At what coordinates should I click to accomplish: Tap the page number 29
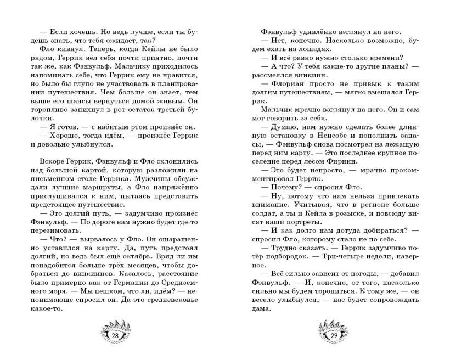click(334, 336)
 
